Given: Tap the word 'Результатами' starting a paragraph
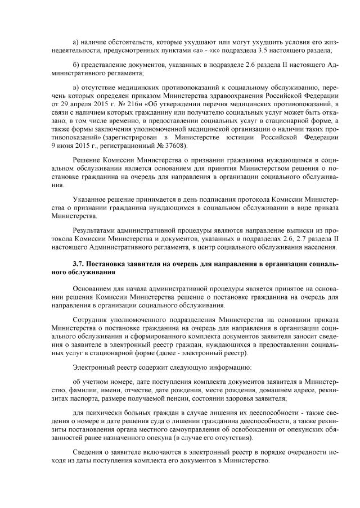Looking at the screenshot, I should coord(94,230).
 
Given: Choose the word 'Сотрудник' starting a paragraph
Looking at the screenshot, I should coord(91,319).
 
